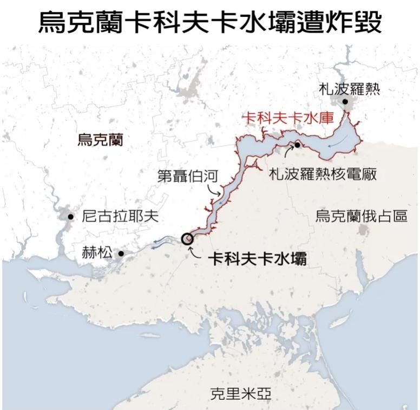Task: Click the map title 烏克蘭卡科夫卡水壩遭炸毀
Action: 210,22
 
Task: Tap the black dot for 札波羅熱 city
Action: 345,101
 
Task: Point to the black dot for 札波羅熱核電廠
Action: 297,145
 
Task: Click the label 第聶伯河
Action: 187,176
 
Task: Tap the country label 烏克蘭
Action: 100,140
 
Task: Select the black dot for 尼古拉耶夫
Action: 70,217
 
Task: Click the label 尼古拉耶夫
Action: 120,217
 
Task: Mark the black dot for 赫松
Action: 121,253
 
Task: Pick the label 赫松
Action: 99,253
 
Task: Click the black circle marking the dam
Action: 187,238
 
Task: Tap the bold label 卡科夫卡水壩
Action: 258,258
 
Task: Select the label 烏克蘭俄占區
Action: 361,217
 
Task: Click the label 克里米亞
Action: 240,394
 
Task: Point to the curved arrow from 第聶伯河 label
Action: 216,189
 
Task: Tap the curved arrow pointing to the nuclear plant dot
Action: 288,155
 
